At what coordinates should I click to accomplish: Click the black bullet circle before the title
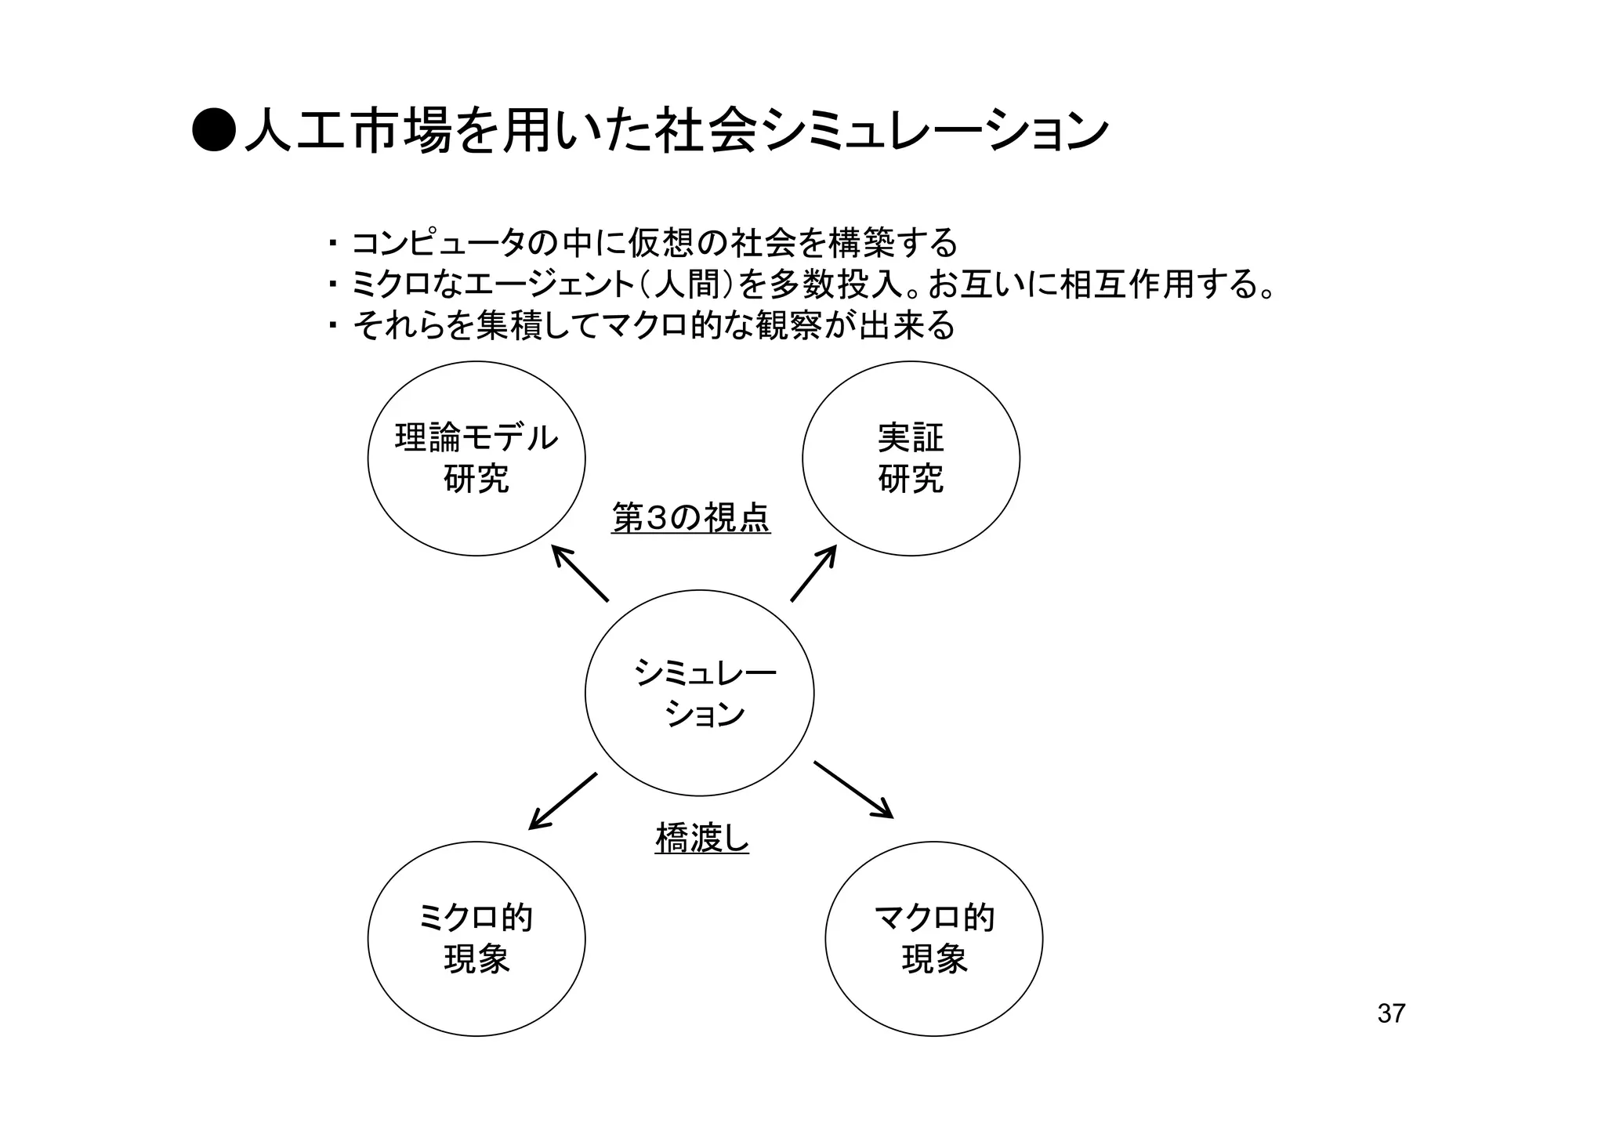(213, 129)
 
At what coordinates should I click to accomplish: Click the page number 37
(1391, 1013)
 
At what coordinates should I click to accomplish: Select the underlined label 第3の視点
(690, 518)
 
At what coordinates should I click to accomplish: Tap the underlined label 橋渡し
(701, 839)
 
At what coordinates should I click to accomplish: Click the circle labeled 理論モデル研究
(476, 458)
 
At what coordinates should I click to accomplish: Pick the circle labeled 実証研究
(911, 458)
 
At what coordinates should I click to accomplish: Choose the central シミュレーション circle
(699, 693)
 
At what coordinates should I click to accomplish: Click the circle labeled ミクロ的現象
(476, 938)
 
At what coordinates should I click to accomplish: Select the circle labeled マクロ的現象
(933, 938)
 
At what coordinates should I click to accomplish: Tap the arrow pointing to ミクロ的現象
(563, 801)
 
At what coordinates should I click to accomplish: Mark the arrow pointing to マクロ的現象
(853, 789)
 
